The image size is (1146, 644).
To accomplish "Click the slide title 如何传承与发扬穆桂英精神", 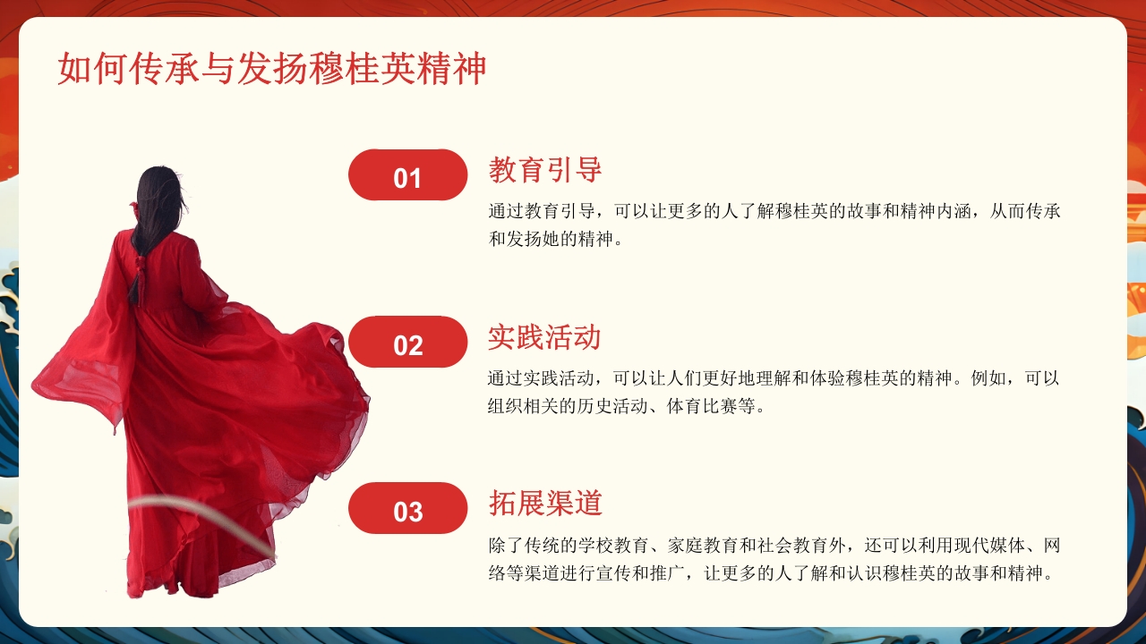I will (271, 70).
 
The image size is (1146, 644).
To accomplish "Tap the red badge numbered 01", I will (407, 175).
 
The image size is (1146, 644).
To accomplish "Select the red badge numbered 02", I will (407, 343).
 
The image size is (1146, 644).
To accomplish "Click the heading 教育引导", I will (544, 169).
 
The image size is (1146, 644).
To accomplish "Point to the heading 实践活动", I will (544, 336).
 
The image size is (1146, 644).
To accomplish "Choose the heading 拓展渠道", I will (544, 503).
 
